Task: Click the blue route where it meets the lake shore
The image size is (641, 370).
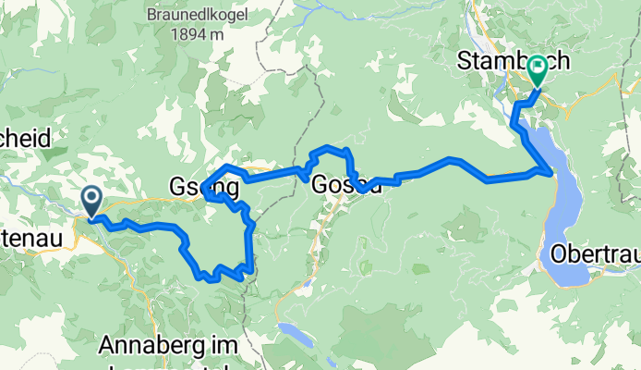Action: click(x=550, y=171)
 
